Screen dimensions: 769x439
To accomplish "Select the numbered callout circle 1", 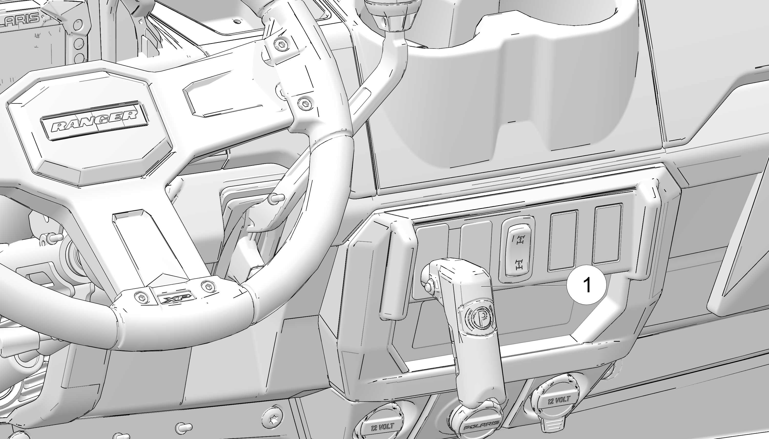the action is click(586, 285).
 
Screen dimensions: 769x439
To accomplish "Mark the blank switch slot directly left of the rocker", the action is click(476, 244).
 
